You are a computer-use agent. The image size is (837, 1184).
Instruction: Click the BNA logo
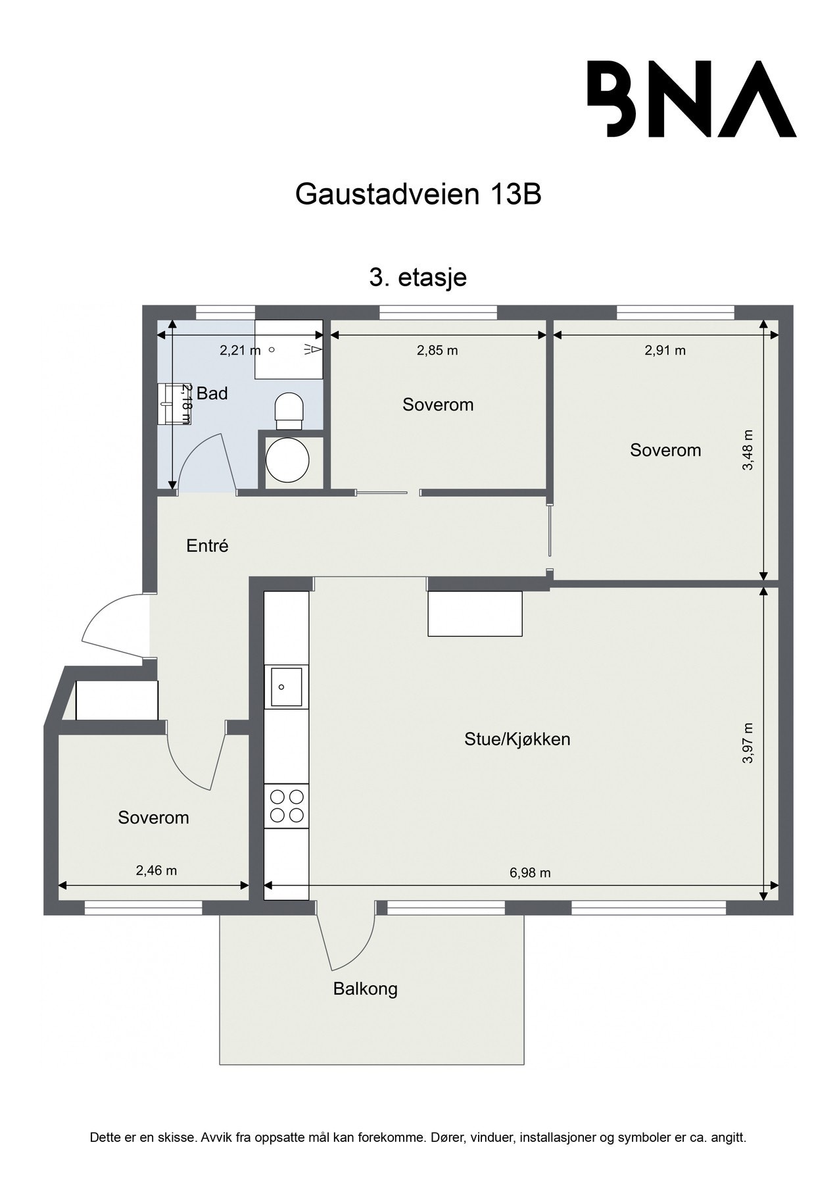[x=691, y=99]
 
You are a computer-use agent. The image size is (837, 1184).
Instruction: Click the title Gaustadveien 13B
[x=418, y=195]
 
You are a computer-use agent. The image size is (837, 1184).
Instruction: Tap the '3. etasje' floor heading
[x=418, y=277]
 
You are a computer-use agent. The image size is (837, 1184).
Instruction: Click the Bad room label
[x=212, y=394]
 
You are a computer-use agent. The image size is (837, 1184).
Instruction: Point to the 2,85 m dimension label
[x=437, y=351]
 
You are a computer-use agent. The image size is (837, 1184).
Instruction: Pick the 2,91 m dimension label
[x=665, y=351]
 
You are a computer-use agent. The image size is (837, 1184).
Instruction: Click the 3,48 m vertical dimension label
[x=748, y=450]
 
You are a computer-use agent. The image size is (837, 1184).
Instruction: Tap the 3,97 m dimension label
[x=748, y=743]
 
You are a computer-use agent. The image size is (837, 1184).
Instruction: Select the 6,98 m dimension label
[x=530, y=873]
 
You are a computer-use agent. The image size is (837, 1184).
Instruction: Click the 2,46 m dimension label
[x=156, y=870]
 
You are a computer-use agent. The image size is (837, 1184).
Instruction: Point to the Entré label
[x=207, y=546]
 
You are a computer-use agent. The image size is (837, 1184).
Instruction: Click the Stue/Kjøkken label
[x=517, y=739]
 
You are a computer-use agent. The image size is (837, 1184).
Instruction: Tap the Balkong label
[x=366, y=989]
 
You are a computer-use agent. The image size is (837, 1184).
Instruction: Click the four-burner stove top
[x=287, y=806]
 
